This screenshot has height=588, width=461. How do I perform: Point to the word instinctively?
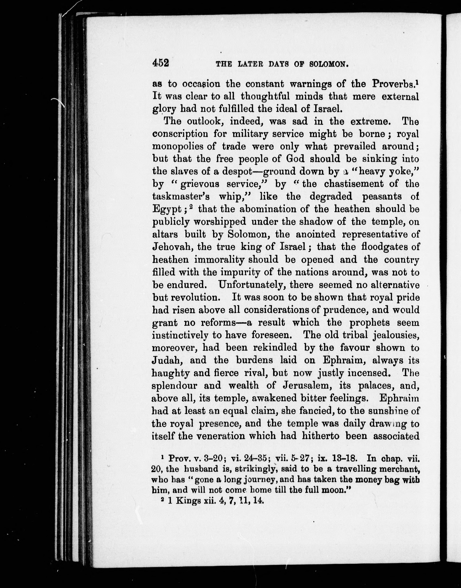pos(180,335)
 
